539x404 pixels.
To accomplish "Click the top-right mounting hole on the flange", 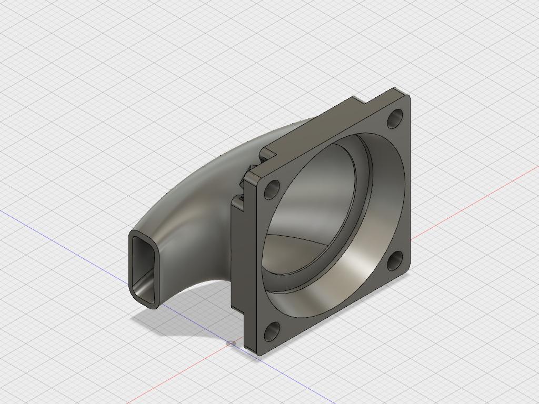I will [395, 119].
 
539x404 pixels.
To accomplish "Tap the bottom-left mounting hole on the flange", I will [272, 331].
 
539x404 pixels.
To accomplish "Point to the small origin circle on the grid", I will [231, 344].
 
